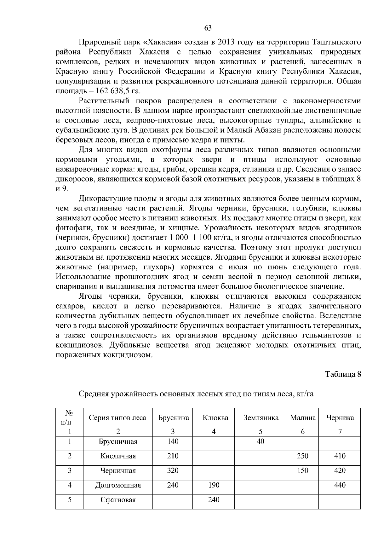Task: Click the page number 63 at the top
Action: point(208,28)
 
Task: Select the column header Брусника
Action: point(173,418)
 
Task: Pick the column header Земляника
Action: point(261,418)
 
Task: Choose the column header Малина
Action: point(302,418)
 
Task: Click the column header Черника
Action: point(340,418)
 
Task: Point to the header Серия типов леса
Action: point(117,418)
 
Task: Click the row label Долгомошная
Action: point(118,485)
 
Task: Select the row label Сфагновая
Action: point(118,500)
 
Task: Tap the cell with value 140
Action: point(173,441)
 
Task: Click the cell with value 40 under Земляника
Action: point(261,441)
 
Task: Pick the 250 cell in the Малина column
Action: point(302,456)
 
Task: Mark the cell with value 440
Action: point(340,485)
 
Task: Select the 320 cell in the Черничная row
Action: point(173,470)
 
